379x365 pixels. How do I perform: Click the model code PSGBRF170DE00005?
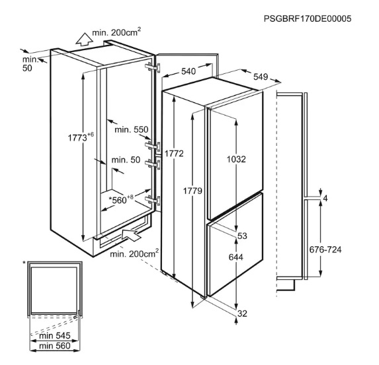(x=308, y=18)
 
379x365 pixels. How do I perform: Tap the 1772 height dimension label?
(x=174, y=153)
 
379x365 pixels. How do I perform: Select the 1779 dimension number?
(x=192, y=191)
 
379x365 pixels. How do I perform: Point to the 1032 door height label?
(x=236, y=159)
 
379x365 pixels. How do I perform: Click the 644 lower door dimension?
(x=236, y=257)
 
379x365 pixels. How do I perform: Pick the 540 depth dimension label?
(x=189, y=71)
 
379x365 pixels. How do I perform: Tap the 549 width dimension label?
(x=261, y=77)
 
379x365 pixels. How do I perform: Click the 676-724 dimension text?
(x=325, y=249)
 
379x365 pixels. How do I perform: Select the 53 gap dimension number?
(x=242, y=236)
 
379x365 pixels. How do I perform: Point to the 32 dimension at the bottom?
(x=243, y=314)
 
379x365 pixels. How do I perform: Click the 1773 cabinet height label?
(x=81, y=137)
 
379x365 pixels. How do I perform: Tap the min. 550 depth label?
(x=131, y=129)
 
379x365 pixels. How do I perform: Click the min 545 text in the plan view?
(x=55, y=335)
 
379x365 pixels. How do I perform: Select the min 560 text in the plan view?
(x=55, y=346)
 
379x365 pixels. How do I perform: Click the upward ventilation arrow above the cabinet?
(x=84, y=39)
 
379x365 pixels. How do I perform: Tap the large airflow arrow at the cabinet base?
(x=131, y=234)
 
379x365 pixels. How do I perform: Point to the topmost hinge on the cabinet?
(x=153, y=67)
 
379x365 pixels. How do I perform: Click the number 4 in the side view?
(x=325, y=199)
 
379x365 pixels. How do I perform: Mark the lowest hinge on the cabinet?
(x=153, y=200)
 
